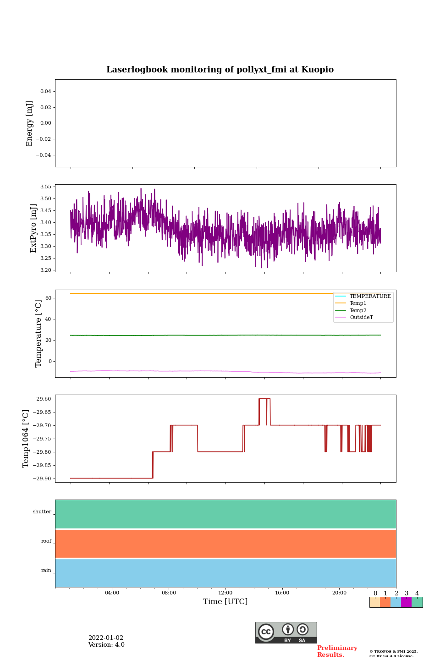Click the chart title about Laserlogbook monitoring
(220, 70)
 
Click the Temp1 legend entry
(358, 303)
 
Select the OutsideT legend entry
(361, 318)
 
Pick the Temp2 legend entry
(358, 310)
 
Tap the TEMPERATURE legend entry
(370, 296)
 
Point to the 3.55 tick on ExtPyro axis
(46, 187)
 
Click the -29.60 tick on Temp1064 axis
(42, 399)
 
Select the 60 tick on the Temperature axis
(48, 298)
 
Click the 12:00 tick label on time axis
(225, 593)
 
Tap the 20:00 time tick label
(339, 593)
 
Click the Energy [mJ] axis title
(30, 123)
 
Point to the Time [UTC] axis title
(225, 602)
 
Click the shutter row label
(42, 512)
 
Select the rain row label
(46, 571)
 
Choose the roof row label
(46, 541)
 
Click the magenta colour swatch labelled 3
(406, 602)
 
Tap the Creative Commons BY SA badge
(286, 632)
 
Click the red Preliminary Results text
(337, 651)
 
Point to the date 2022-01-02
(106, 638)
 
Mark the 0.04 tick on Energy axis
(45, 92)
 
